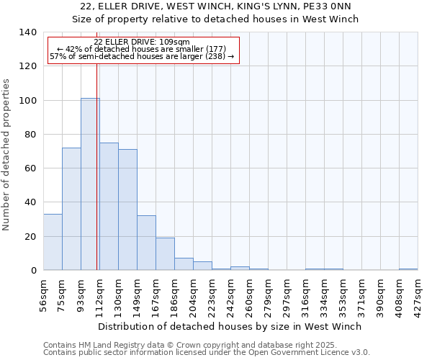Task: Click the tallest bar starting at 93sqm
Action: point(90,184)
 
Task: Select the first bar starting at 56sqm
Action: point(53,242)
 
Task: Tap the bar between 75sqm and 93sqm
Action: point(71,209)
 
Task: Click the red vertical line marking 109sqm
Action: point(96,180)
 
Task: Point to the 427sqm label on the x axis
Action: point(418,294)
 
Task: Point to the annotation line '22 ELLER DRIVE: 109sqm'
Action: point(142,42)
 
